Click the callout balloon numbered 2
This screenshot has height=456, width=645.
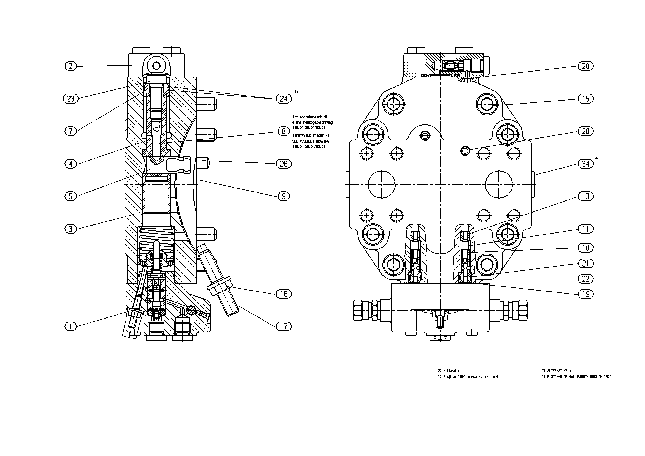point(71,66)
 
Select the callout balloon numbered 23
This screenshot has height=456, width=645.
point(71,99)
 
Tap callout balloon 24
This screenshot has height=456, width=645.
point(284,99)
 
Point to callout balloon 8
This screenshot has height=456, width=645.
point(284,131)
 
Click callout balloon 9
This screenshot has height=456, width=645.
point(284,196)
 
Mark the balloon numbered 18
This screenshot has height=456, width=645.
point(284,294)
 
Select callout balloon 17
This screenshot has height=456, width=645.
point(284,327)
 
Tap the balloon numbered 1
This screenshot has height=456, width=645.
point(71,327)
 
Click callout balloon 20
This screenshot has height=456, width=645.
point(586,66)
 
